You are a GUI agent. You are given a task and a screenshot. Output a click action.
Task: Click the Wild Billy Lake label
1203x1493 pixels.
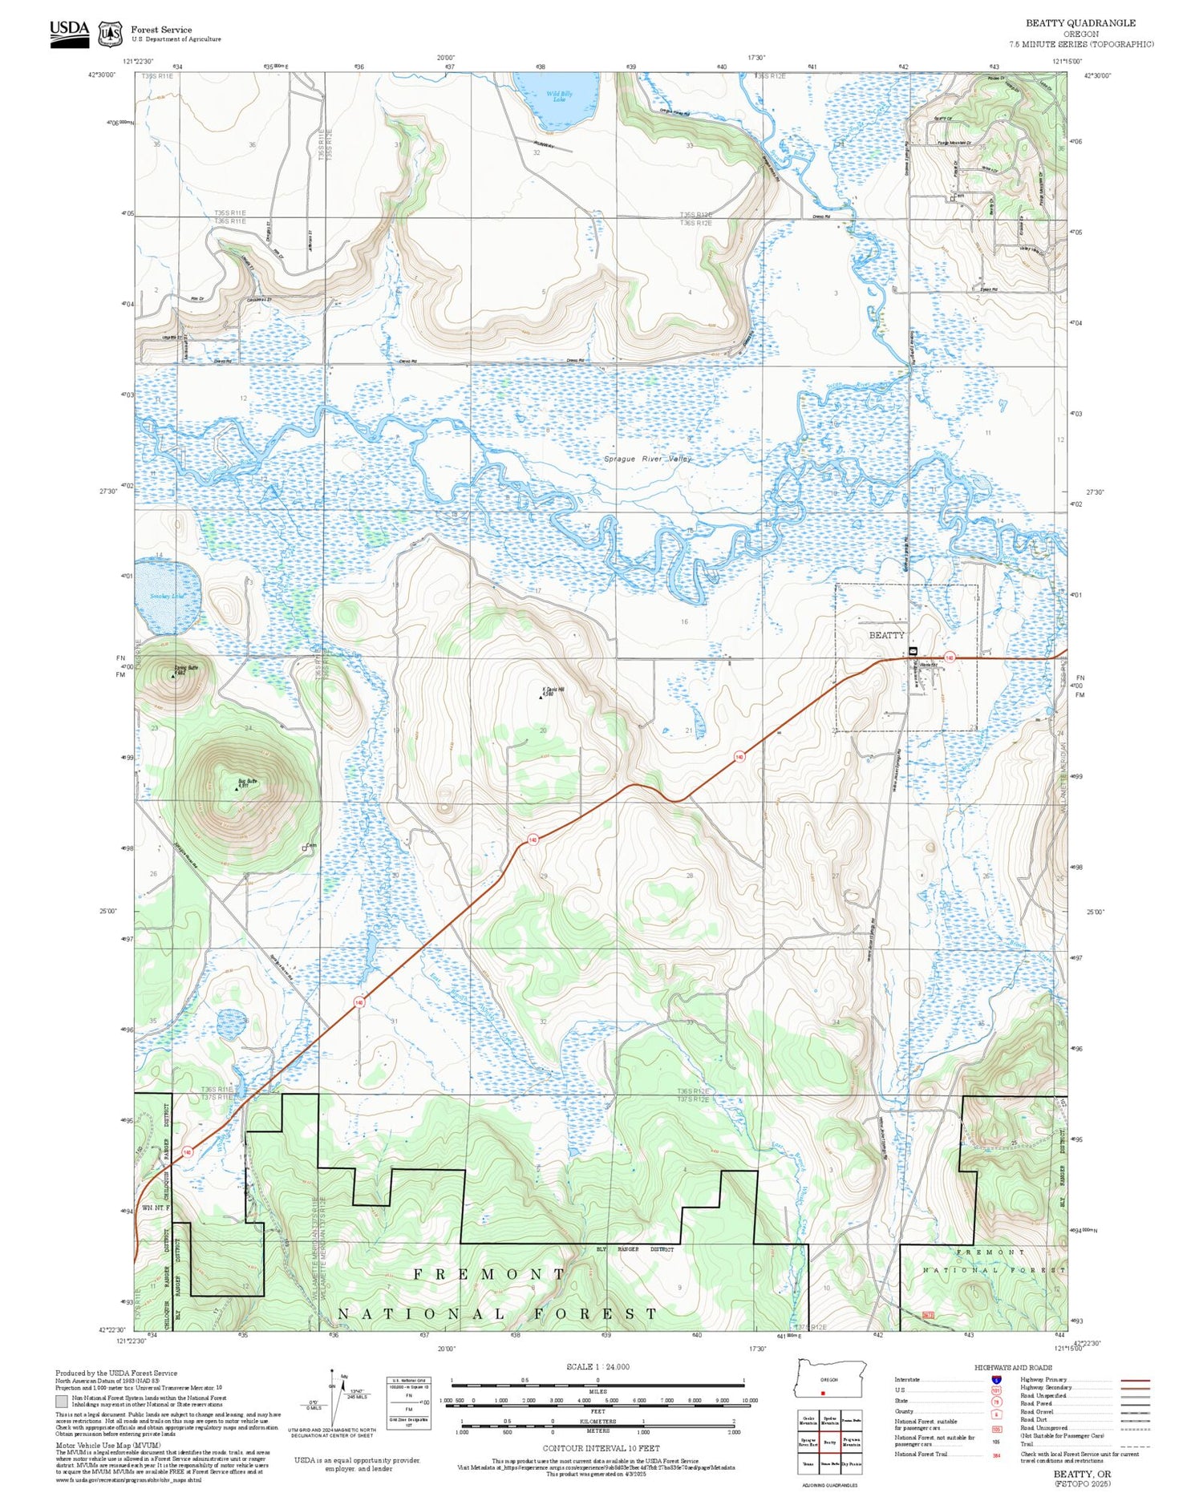[x=559, y=96]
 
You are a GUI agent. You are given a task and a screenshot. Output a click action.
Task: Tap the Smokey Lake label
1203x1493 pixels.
[x=167, y=596]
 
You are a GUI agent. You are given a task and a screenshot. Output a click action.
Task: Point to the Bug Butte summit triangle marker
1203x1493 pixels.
[x=237, y=789]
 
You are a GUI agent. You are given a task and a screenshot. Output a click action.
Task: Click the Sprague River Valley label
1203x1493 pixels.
[x=647, y=459]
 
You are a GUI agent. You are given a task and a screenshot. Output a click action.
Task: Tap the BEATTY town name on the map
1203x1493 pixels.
[x=886, y=635]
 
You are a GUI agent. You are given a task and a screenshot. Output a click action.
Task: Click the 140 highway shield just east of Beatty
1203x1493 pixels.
[x=950, y=657]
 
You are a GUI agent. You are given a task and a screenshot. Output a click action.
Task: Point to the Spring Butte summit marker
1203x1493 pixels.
[x=173, y=676]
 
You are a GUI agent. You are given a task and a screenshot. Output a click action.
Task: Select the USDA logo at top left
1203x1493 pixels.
[x=69, y=33]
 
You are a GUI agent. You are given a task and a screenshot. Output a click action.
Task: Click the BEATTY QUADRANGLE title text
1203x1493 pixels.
[x=1080, y=23]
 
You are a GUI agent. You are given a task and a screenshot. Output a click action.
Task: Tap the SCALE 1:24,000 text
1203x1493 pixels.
[x=597, y=1366]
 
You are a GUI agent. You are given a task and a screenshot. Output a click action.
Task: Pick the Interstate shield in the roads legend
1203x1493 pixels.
[x=996, y=1379]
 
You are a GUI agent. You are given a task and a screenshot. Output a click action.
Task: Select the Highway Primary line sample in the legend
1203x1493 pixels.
[x=1132, y=1381]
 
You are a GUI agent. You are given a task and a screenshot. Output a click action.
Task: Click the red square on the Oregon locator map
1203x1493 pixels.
[x=823, y=1393]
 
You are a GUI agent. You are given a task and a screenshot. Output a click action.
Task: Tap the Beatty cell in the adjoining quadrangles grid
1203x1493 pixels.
[x=829, y=1441]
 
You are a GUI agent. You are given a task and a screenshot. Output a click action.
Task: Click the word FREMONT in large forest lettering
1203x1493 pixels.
[x=489, y=1273]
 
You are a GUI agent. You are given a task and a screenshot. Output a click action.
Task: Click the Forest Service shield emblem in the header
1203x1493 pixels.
[x=110, y=34]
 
